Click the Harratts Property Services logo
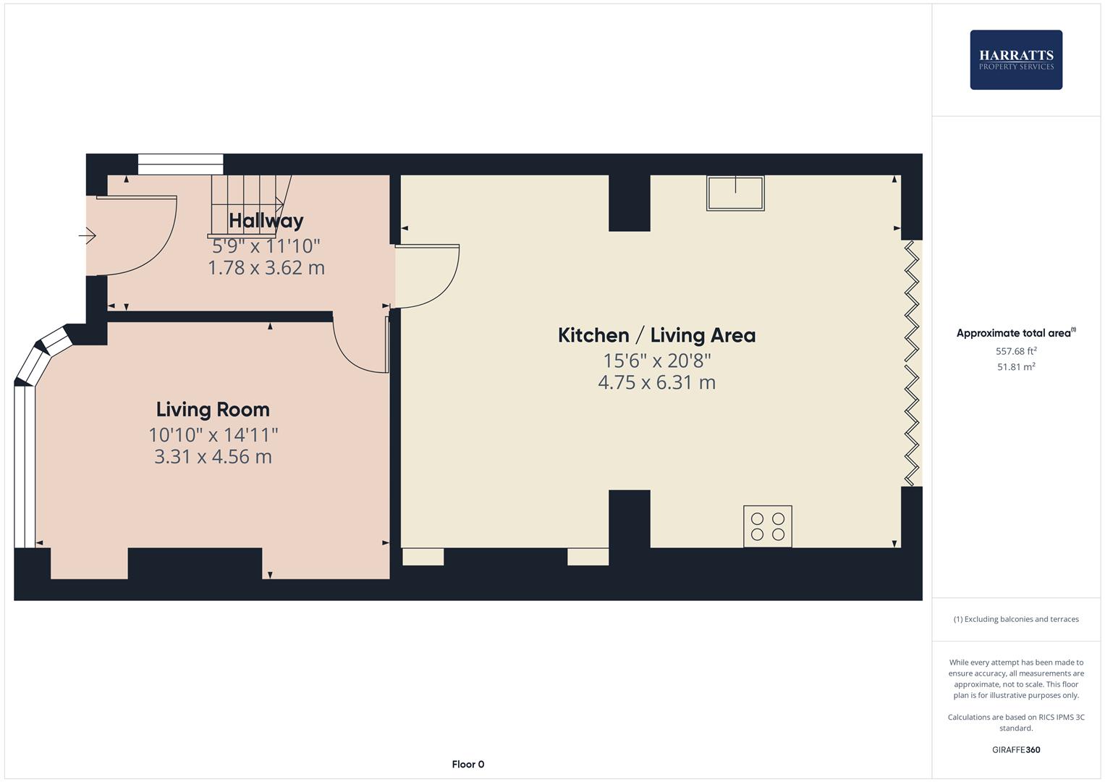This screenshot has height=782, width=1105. [x=1015, y=60]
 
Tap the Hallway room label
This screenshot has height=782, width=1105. [x=266, y=220]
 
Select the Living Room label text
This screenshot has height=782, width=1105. [x=213, y=409]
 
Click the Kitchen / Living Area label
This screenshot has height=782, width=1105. [x=656, y=335]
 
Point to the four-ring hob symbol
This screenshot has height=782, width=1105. [x=767, y=526]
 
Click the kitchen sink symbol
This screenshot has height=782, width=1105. [x=735, y=193]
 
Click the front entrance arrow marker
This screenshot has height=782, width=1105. [x=88, y=235]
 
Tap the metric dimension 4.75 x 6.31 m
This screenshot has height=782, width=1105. [x=656, y=382]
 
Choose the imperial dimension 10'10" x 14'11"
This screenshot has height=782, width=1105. [x=213, y=434]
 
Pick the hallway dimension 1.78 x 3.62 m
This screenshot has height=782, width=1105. [x=266, y=268]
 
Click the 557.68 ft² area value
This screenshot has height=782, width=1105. [x=1015, y=351]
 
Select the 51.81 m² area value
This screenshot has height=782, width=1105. [x=1015, y=367]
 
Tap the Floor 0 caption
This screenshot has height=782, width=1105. [x=467, y=764]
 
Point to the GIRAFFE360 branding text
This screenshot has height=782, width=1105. [x=1015, y=749]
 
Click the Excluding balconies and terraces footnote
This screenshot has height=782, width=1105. [x=1015, y=619]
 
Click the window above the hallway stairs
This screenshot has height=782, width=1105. [x=180, y=164]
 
